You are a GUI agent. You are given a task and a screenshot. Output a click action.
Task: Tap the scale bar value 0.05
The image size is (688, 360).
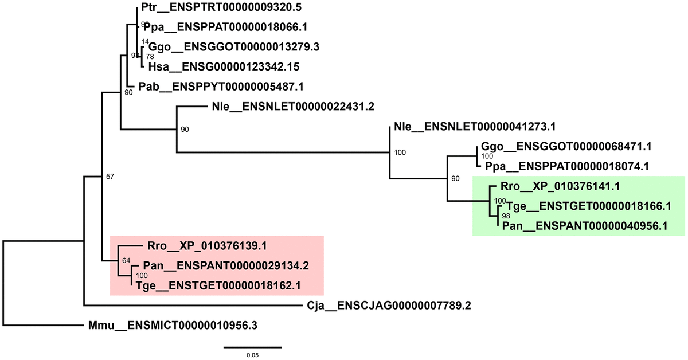point(252,356)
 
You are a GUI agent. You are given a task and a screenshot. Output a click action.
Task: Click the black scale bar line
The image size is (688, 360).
point(252,347)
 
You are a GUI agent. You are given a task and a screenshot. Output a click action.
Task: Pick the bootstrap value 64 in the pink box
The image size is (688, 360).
point(125,262)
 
